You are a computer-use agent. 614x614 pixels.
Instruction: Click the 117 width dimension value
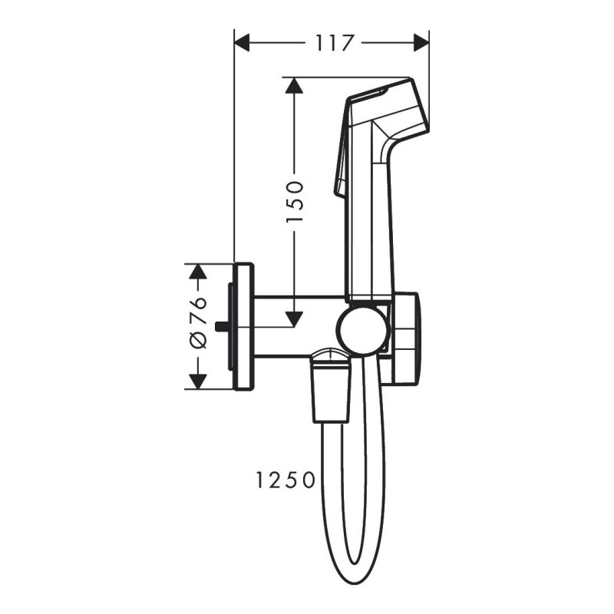point(332,43)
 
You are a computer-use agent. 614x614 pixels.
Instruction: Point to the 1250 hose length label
point(285,481)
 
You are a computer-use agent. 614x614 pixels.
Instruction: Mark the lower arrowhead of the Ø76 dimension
point(199,381)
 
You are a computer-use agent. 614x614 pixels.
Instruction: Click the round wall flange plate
point(243,326)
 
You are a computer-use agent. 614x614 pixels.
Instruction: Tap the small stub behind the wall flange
point(223,326)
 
